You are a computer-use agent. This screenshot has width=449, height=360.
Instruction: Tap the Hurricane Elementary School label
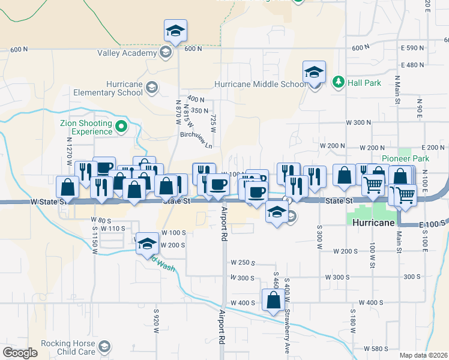coord(108,88)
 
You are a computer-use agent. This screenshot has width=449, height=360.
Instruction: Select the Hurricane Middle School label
coord(259,84)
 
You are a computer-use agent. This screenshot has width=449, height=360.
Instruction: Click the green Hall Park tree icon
coord(339,81)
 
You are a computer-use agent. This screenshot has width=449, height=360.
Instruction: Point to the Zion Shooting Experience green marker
coord(121,127)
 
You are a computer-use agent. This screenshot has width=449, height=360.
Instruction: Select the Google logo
coord(20,353)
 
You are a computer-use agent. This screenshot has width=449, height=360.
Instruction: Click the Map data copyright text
coord(423,355)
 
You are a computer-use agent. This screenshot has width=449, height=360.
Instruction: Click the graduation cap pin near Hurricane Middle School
coord(313,73)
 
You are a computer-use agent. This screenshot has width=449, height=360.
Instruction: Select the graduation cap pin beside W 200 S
coord(146,244)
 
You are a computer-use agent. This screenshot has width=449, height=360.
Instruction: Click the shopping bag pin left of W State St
coord(67,187)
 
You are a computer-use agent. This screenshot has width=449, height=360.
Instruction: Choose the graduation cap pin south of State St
coord(276,212)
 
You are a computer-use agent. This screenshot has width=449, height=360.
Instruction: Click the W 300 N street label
coord(358,122)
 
